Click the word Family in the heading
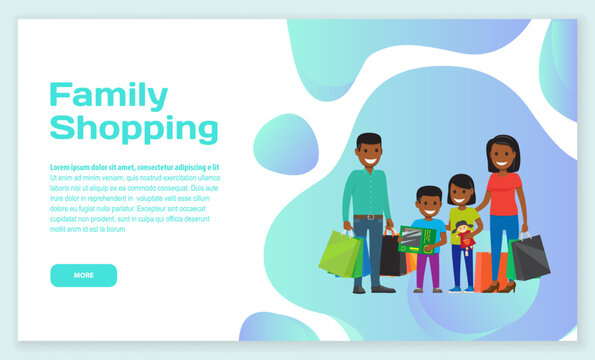click(x=109, y=96)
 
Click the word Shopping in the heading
click(x=134, y=128)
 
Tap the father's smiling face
click(x=369, y=153)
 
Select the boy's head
click(x=430, y=204)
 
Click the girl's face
click(x=461, y=192)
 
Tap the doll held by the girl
click(x=464, y=237)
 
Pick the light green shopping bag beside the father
click(x=340, y=254)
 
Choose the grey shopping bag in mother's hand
click(x=530, y=257)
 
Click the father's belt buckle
click(x=371, y=217)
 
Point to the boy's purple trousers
click(x=429, y=270)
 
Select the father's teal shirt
click(x=367, y=193)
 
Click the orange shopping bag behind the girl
click(x=484, y=270)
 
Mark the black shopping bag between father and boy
click(x=392, y=257)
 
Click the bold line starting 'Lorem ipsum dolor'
click(x=135, y=167)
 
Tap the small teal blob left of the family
click(x=286, y=144)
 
